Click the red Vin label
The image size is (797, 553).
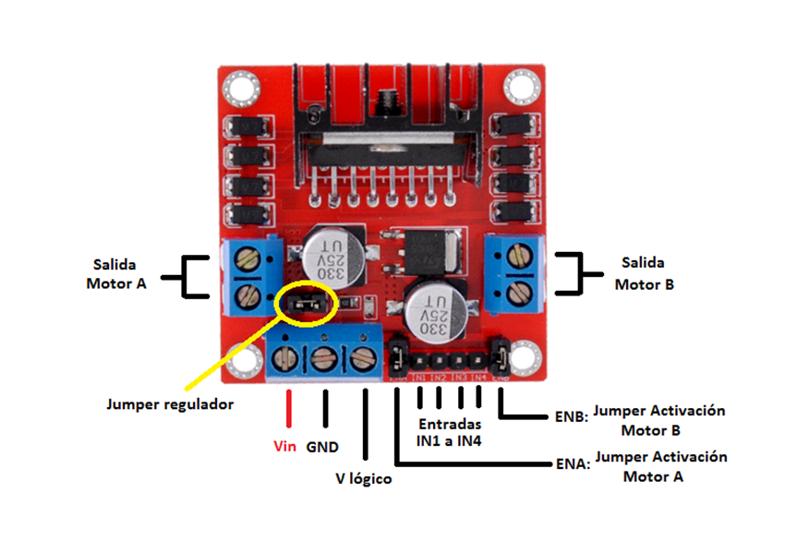286,447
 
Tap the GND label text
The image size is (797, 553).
322,447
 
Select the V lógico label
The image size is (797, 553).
363,479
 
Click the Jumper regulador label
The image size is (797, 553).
170,404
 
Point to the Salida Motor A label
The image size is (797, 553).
116,274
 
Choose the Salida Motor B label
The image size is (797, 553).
644,274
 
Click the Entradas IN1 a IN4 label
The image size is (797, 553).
450,432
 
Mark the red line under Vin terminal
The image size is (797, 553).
288,409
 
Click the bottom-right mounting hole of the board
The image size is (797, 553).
525,356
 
